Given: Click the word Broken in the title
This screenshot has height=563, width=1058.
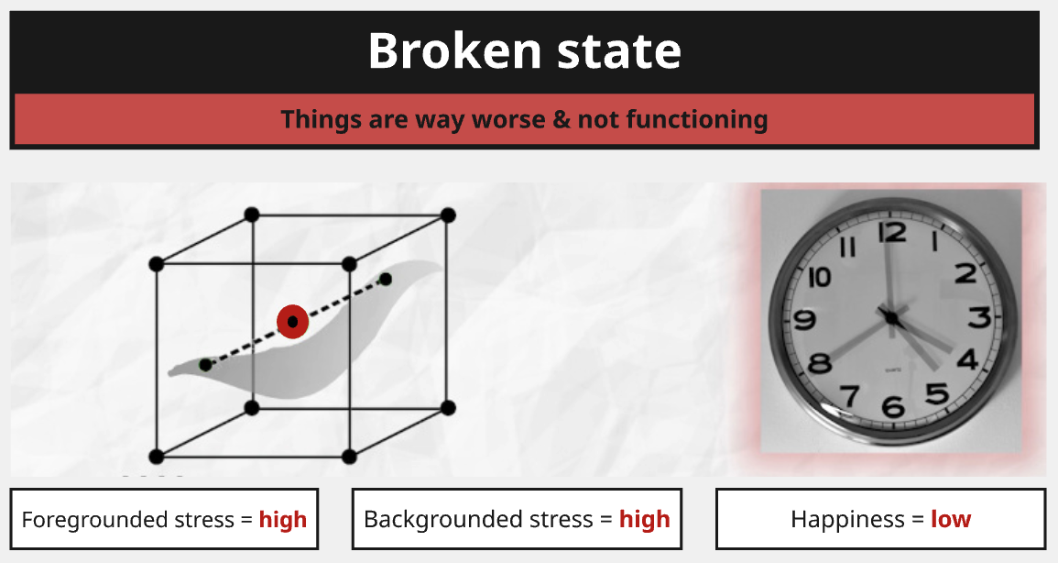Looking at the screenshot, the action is tap(454, 50).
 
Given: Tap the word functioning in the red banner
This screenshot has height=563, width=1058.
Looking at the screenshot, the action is tap(697, 119).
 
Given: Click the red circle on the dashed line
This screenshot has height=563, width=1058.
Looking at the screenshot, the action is tap(293, 321).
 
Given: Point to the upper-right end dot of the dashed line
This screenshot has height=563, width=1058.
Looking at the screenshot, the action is tap(386, 279).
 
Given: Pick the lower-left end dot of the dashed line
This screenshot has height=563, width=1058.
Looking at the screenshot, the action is tap(205, 365).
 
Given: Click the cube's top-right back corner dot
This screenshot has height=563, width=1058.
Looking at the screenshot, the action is tap(447, 215).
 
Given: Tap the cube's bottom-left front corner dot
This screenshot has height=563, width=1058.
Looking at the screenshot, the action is tap(157, 457).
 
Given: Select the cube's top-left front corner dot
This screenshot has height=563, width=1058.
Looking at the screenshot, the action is tap(157, 264).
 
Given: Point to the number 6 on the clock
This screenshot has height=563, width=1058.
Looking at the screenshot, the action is tap(893, 406).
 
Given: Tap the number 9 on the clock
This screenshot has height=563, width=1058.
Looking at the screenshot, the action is tap(804, 318).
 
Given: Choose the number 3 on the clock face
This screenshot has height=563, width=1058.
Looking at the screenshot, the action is tap(980, 316).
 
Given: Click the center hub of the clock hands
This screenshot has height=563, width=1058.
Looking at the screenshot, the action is tap(892, 316).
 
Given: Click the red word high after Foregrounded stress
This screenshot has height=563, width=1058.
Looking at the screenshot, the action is tap(283, 519).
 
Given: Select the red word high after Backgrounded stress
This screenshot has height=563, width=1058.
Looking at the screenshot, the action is tap(645, 519).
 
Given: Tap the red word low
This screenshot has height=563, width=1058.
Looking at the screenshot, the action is tap(951, 518).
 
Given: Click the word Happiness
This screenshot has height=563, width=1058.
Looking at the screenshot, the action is tap(847, 519).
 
